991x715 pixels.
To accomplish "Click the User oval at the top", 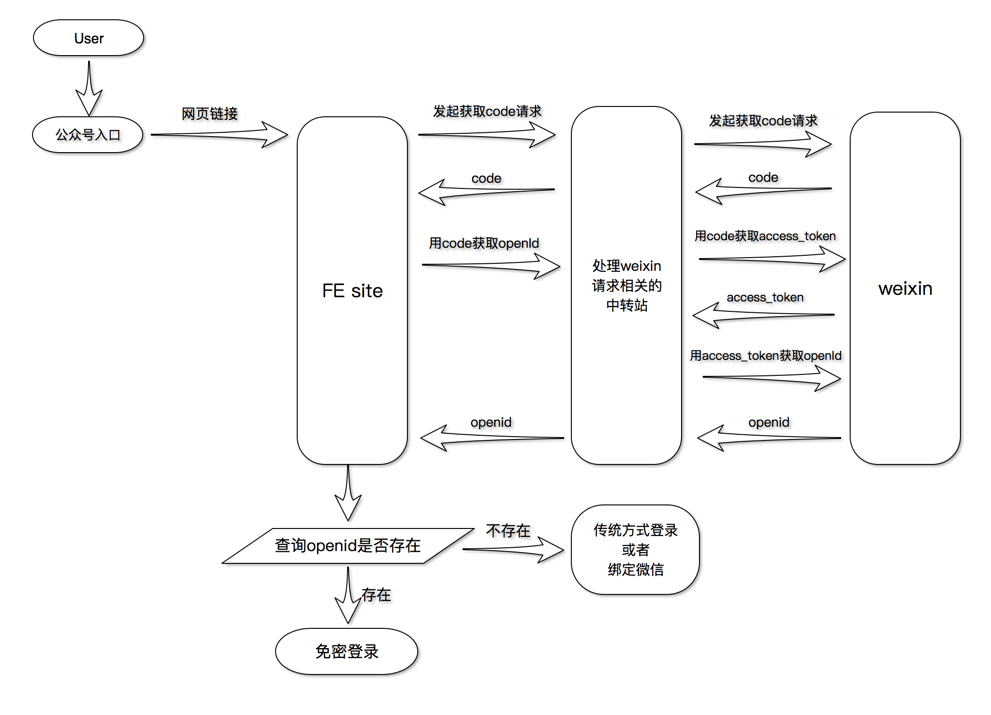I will (89, 38).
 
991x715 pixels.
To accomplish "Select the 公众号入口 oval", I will (88, 135).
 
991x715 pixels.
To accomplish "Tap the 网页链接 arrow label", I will (210, 114).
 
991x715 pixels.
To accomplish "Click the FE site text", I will (352, 291).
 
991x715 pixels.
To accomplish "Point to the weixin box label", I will (905, 288).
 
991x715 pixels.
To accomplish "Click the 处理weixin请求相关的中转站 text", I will (626, 285).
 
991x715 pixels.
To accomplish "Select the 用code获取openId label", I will (484, 243).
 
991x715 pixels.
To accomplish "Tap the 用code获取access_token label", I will (765, 236).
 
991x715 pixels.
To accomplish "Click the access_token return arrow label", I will (765, 297).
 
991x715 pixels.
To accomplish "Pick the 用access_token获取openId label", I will (765, 356).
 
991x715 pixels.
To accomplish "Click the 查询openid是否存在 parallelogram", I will (348, 545).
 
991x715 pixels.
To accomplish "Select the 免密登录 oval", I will (347, 651).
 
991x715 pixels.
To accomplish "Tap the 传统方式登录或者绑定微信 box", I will (635, 550).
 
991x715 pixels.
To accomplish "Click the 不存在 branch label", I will (508, 531).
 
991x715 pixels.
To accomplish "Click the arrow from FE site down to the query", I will (348, 495).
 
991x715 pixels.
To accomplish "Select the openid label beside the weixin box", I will (769, 422).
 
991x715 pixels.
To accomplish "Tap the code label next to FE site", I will (486, 179).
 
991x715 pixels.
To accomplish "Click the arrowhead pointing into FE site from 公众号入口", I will (276, 135).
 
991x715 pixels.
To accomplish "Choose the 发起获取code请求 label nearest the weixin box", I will (763, 121).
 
